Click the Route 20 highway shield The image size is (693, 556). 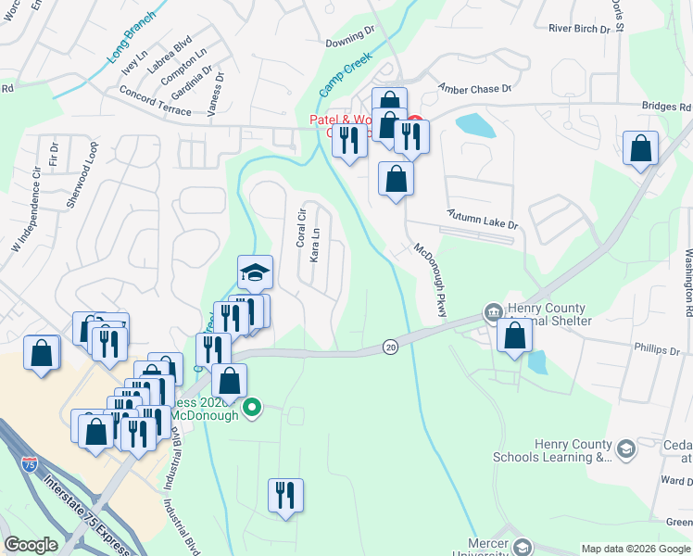coord(390,347)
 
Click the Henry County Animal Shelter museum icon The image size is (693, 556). coord(493,311)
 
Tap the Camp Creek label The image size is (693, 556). coord(346,73)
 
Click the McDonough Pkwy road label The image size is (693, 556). coord(431,280)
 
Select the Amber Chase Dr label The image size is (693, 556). coord(474,89)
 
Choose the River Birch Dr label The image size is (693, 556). coord(580,29)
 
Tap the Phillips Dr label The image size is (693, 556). coord(657,351)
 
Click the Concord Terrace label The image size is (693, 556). coord(155,101)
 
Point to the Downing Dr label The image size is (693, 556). coord(349,43)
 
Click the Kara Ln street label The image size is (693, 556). coord(315,246)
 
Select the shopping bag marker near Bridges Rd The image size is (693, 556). coord(640,148)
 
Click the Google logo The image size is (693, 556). coord(31,545)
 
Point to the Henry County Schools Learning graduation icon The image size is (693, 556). coord(625,449)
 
